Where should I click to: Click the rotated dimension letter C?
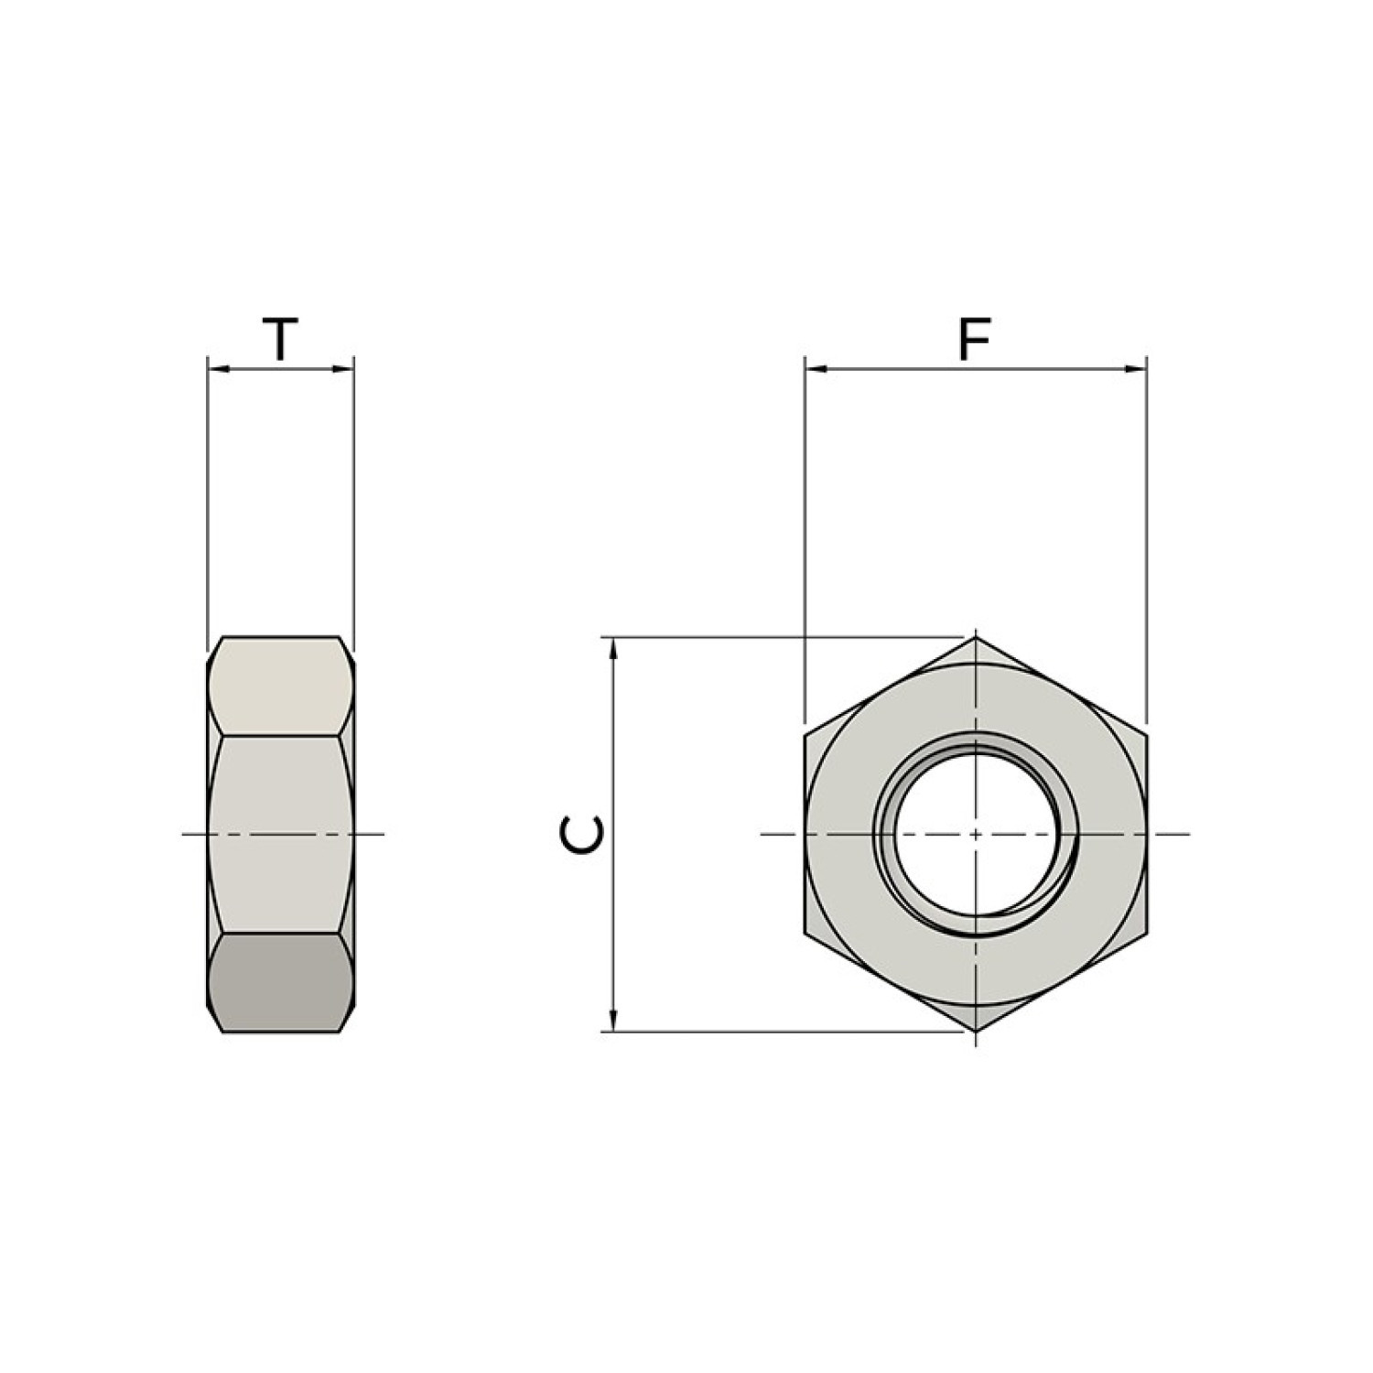click(x=582, y=834)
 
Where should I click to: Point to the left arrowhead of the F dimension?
click(x=816, y=369)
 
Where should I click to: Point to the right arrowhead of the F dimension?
click(x=1136, y=369)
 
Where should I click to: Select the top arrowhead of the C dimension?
click(x=614, y=647)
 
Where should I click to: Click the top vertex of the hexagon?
click(x=976, y=637)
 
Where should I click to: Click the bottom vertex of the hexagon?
click(x=976, y=1032)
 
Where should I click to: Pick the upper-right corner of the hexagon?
click(x=1146, y=734)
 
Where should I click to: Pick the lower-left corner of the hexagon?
click(x=805, y=934)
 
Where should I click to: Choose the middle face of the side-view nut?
click(x=280, y=834)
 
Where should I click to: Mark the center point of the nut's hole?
click(x=976, y=834)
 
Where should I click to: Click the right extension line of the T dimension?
click(x=353, y=503)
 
